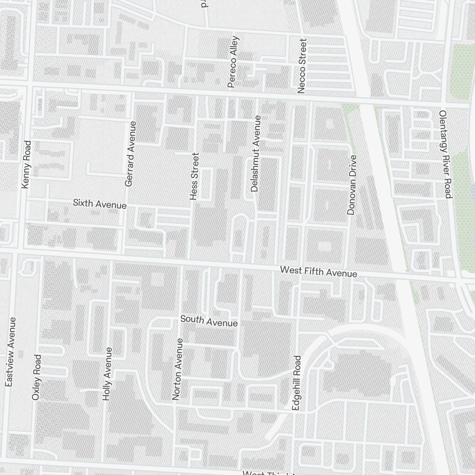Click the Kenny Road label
(26, 164)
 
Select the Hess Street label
(194, 176)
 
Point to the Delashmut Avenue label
(256, 153)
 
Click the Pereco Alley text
(233, 62)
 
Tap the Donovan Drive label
(351, 184)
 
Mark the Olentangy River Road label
(445, 154)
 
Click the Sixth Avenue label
(100, 204)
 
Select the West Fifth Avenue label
(318, 272)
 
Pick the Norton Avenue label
(177, 369)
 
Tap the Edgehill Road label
(297, 383)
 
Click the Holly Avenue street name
(107, 373)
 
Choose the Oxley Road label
(36, 377)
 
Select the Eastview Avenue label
(10, 351)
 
